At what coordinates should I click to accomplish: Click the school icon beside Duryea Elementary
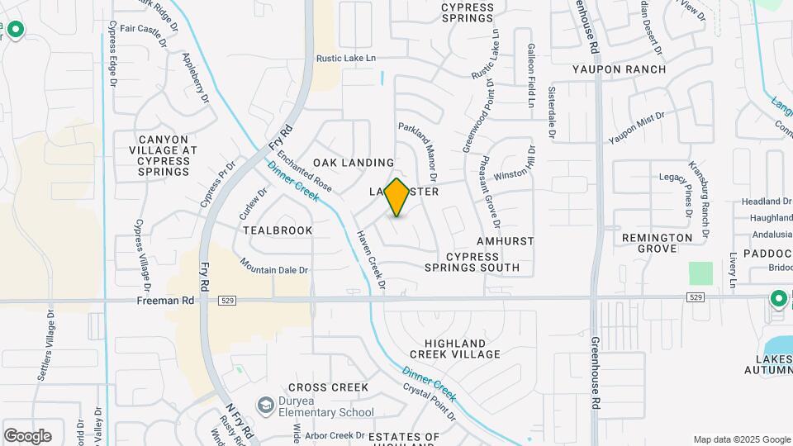pos(265,405)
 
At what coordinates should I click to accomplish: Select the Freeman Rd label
pos(165,301)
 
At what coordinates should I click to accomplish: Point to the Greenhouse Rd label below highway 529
pos(596,373)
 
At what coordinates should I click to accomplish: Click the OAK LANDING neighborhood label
pos(354,163)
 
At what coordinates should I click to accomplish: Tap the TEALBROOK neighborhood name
pos(278,230)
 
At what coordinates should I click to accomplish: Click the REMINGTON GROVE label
pos(658,243)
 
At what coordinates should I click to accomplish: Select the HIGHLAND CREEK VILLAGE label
pos(462,349)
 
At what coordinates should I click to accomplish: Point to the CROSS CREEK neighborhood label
pos(328,387)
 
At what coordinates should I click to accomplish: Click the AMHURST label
pos(506,241)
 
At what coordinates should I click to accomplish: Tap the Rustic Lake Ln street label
pos(346,58)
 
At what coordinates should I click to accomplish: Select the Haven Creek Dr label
pos(372,259)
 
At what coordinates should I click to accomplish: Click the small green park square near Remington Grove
pos(700,273)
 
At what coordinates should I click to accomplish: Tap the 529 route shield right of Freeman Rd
pos(228,301)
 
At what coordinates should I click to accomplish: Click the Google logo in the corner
pos(27,435)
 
